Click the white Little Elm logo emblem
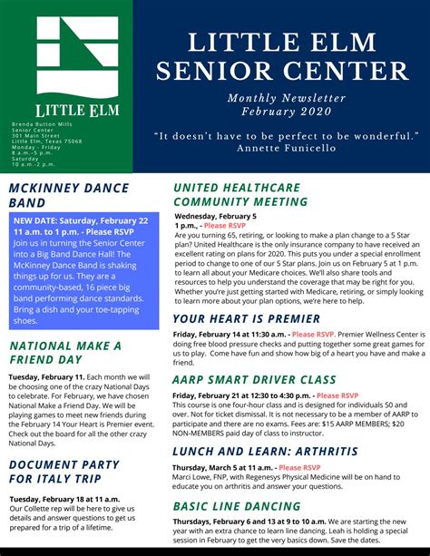pyautogui.click(x=77, y=55)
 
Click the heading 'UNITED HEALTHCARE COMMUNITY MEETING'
pyautogui.click(x=236, y=194)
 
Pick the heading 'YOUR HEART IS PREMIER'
pyautogui.click(x=246, y=318)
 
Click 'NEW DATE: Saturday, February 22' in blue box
pyautogui.click(x=81, y=220)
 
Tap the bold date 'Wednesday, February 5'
pyautogui.click(x=215, y=218)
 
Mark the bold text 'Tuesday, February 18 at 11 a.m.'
pyautogui.click(x=64, y=499)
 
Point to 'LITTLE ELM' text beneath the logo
pyautogui.click(x=77, y=110)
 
